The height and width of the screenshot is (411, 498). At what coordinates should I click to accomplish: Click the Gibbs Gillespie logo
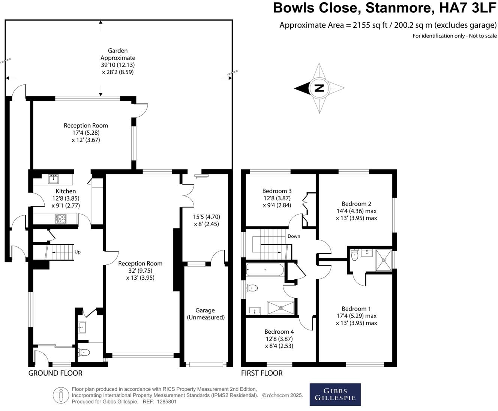point(335,394)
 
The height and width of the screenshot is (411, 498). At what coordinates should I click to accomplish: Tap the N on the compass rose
point(319,88)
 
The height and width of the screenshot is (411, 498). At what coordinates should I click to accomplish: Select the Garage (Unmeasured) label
point(205,314)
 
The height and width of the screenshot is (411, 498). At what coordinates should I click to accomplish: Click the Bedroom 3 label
point(277,191)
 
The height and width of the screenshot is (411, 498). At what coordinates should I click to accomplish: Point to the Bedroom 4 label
point(279,331)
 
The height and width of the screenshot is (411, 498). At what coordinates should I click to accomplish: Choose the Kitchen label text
point(66,191)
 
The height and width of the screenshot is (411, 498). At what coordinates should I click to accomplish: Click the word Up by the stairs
point(78,252)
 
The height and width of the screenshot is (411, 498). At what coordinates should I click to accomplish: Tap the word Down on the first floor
point(294,236)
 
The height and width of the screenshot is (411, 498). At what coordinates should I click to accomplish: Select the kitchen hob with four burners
point(61,218)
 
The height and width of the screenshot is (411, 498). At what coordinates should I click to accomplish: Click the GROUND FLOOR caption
point(55,373)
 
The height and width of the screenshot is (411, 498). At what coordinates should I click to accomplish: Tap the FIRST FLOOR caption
point(262,373)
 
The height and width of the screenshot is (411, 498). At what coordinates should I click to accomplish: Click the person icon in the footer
point(60,396)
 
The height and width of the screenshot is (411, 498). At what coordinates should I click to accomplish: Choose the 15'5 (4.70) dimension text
point(206,217)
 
